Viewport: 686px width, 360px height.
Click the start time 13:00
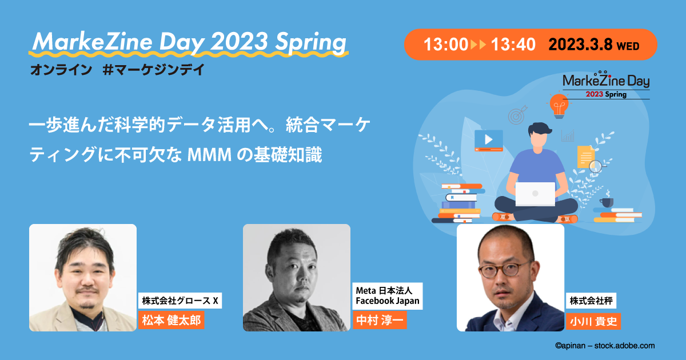tap(446, 45)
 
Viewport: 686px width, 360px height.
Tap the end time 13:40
tap(513, 45)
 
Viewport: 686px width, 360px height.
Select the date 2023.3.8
tap(580, 45)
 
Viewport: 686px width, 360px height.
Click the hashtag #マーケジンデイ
tap(153, 70)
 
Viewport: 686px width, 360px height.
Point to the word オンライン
tap(61, 70)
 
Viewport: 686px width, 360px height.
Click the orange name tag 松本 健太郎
tap(171, 320)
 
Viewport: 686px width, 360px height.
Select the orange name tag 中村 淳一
tap(380, 320)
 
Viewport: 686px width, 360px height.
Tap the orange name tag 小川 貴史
tap(593, 321)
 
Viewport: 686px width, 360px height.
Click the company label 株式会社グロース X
tap(180, 301)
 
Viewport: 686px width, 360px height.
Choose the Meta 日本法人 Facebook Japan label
tap(388, 296)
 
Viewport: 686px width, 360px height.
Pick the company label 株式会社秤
tap(591, 301)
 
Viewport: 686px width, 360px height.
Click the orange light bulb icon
tap(559, 106)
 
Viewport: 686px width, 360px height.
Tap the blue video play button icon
tap(488, 140)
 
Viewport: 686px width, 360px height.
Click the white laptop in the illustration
tap(535, 194)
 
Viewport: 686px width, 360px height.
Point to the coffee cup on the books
tap(606, 202)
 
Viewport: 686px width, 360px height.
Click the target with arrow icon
tap(517, 115)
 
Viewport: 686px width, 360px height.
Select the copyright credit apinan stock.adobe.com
tap(605, 346)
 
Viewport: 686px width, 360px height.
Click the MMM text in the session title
tap(209, 155)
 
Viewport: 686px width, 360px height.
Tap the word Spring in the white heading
tap(310, 42)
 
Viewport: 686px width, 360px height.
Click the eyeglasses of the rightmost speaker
tap(504, 269)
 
